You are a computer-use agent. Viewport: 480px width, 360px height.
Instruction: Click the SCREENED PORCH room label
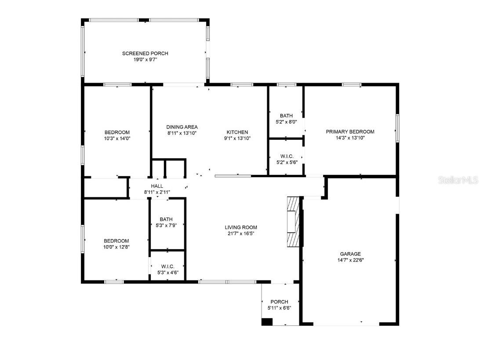(x=145, y=53)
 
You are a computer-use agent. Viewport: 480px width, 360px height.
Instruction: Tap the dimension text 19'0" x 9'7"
(x=145, y=59)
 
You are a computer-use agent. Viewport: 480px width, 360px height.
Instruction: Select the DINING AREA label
(x=182, y=127)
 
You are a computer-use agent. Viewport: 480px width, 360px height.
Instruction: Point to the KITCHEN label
(x=237, y=132)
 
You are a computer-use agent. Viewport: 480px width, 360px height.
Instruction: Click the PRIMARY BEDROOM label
(x=350, y=131)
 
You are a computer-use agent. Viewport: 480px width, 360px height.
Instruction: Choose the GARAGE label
(x=350, y=254)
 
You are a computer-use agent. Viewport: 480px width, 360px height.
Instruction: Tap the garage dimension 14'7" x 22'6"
(x=350, y=260)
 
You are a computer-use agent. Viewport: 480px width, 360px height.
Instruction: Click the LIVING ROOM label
(x=241, y=227)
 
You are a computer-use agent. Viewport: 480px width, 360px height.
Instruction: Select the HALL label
(x=157, y=186)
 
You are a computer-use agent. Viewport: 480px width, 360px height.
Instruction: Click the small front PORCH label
(x=279, y=302)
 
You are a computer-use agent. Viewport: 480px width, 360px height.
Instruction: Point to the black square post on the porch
(x=267, y=322)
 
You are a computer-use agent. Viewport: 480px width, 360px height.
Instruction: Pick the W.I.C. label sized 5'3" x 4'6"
(x=167, y=266)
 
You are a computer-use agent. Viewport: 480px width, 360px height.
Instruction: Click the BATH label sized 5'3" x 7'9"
(x=166, y=219)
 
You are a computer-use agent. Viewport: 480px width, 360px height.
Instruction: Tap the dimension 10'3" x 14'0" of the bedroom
(x=117, y=138)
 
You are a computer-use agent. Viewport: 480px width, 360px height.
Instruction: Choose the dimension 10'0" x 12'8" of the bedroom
(x=116, y=247)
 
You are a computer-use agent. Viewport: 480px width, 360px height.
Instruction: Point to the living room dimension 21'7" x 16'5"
(x=241, y=233)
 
